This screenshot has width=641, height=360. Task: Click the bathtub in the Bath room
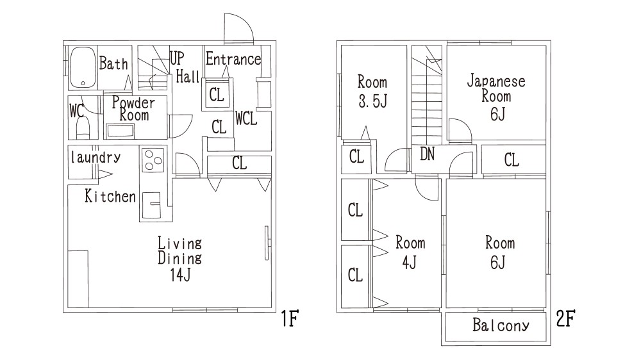[83, 67]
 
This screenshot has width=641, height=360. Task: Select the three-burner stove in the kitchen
[153, 160]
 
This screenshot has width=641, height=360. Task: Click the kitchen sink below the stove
[152, 205]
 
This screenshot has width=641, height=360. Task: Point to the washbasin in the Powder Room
[121, 131]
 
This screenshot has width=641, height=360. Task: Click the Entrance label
[233, 59]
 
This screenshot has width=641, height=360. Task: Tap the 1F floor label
[290, 318]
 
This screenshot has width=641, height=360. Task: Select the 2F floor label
[566, 318]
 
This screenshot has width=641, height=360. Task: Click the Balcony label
[501, 325]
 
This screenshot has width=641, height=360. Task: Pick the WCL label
[246, 119]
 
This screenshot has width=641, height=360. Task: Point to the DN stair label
[427, 154]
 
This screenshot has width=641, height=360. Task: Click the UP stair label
[177, 58]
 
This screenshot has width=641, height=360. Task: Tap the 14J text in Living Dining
[180, 275]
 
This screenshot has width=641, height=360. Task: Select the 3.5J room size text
[372, 101]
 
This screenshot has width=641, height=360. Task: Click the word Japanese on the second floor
[496, 81]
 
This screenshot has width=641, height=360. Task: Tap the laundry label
[96, 158]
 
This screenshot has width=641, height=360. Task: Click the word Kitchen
[110, 196]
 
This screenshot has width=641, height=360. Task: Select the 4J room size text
[409, 262]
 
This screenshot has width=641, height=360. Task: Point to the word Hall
[188, 76]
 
